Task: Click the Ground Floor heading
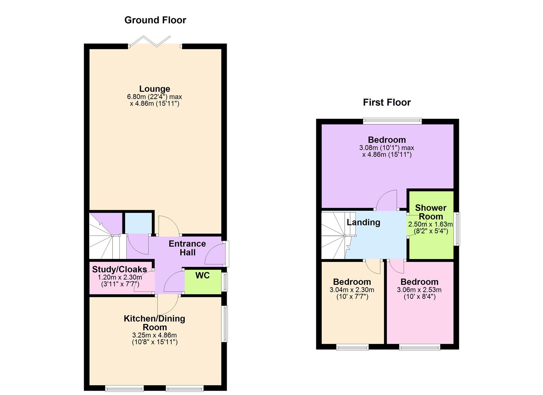155,20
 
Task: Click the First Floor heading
386,102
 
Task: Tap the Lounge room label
155,89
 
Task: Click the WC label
202,275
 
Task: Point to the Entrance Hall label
187,248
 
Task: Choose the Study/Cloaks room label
120,269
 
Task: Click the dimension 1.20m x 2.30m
120,277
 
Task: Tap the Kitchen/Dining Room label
154,323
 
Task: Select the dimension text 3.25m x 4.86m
154,335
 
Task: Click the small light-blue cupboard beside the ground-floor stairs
139,223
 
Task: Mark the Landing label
363,222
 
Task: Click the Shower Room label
430,212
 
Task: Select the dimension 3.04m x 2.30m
352,290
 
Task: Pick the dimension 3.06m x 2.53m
419,290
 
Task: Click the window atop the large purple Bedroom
392,121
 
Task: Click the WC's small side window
225,282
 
